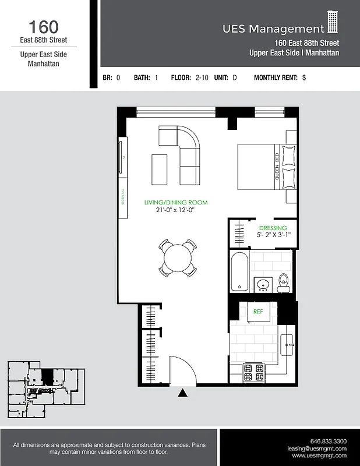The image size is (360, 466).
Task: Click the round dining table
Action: (x=177, y=256)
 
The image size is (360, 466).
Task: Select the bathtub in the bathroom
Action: (x=239, y=271)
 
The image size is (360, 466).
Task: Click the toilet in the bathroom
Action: (x=284, y=282)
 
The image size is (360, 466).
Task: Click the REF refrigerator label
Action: (x=258, y=312)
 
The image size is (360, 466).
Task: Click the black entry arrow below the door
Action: (x=183, y=393)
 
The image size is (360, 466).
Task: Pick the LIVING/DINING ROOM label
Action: (x=176, y=203)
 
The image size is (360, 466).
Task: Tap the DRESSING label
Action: (x=273, y=228)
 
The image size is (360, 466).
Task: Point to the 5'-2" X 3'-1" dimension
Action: (x=273, y=235)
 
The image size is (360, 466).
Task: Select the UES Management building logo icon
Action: (x=333, y=23)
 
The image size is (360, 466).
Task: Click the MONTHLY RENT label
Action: (x=276, y=77)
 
